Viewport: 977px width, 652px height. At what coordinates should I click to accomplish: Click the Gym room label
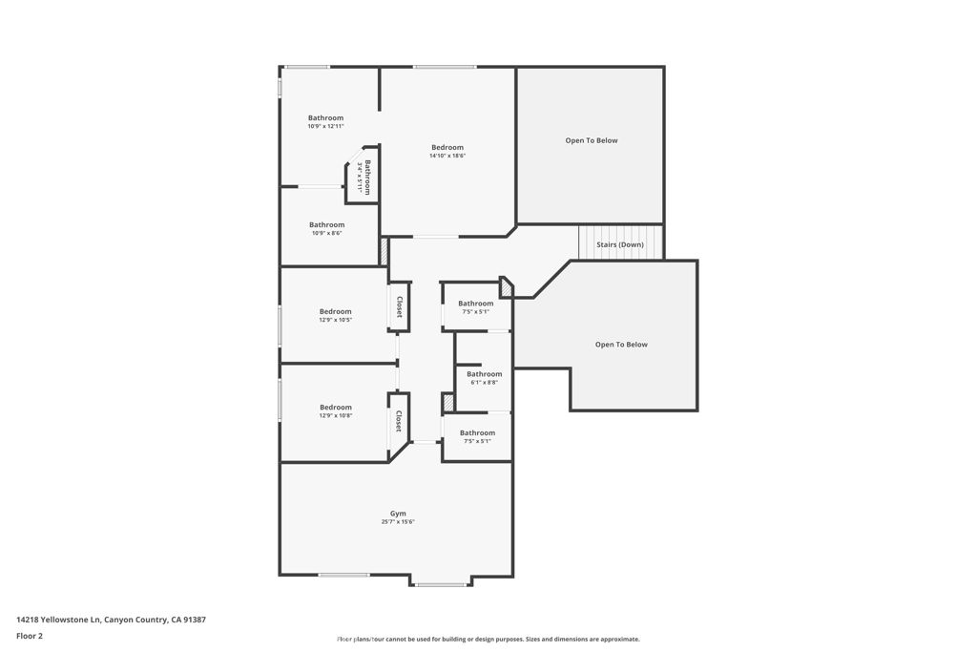coord(398,514)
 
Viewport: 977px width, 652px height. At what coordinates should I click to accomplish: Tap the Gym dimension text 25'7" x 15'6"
coord(398,522)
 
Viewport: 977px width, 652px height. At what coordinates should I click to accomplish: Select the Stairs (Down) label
coord(620,245)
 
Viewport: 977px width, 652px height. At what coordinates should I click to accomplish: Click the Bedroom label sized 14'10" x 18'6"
coord(447,147)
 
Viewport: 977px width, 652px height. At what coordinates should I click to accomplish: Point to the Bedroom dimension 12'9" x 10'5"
coord(335,320)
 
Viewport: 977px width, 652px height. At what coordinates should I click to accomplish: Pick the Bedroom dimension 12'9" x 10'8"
coord(335,415)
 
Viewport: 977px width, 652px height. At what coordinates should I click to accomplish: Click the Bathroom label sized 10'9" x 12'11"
coord(325,118)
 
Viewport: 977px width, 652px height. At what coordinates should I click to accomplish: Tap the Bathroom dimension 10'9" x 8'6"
coord(326,233)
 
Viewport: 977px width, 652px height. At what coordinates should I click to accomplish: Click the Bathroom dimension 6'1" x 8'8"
coord(484,382)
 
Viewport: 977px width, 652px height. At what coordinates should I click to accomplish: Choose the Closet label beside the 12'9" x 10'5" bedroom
coord(400,306)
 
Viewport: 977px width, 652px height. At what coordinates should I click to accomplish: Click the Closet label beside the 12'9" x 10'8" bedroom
coord(399,421)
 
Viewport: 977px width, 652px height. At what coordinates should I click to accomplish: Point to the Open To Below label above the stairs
coord(592,140)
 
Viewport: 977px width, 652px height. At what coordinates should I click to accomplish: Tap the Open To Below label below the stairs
coord(621,345)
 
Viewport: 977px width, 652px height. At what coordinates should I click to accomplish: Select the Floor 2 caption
coord(30,636)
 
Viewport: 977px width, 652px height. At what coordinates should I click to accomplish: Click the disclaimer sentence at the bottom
coord(488,640)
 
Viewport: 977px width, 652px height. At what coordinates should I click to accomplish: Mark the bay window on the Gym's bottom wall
coord(441,584)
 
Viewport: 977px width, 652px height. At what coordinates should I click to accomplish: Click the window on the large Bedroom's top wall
coord(445,67)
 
